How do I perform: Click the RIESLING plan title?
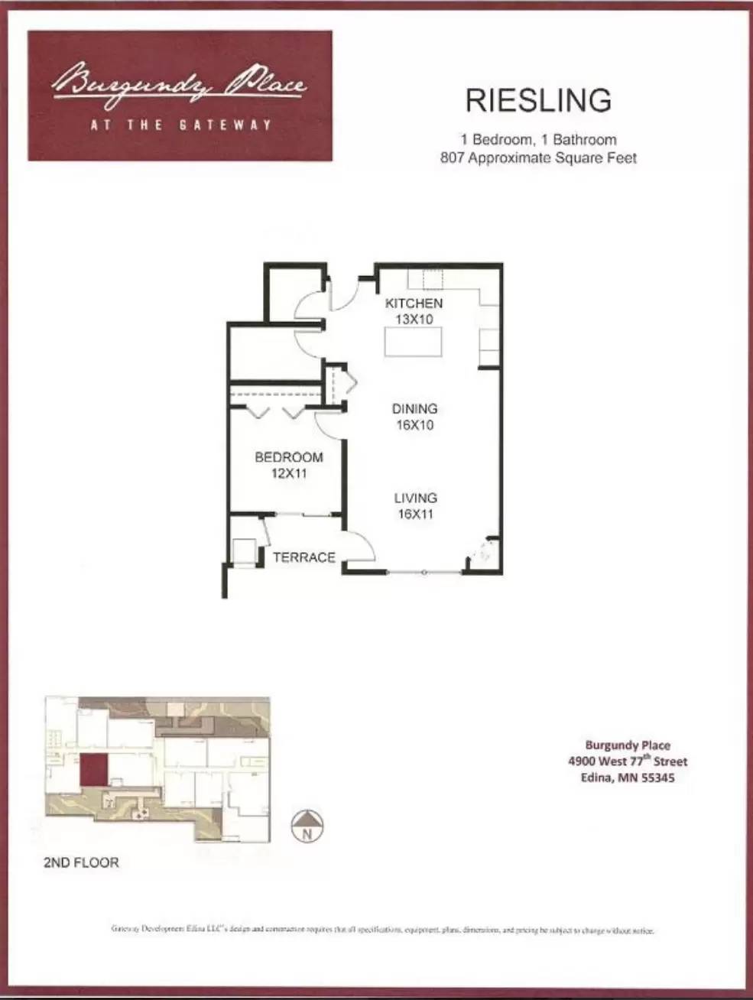pos(538,100)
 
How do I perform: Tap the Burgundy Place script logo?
pos(180,81)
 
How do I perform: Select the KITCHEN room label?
pos(414,304)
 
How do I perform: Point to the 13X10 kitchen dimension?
pos(414,320)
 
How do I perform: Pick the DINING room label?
pos(414,409)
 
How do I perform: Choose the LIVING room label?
pos(415,498)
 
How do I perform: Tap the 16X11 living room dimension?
pos(415,515)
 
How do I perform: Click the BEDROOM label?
pos(289,457)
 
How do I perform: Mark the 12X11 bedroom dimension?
pos(289,473)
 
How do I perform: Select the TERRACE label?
pos(304,557)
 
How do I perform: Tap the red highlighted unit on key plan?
pos(93,771)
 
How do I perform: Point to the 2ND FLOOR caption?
pos(81,862)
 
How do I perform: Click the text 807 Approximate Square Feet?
pos(538,158)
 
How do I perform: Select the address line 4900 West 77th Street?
pos(628,761)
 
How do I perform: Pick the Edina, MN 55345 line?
pos(628,778)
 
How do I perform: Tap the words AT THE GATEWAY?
pos(180,125)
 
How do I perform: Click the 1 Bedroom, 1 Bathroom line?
pos(538,140)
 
